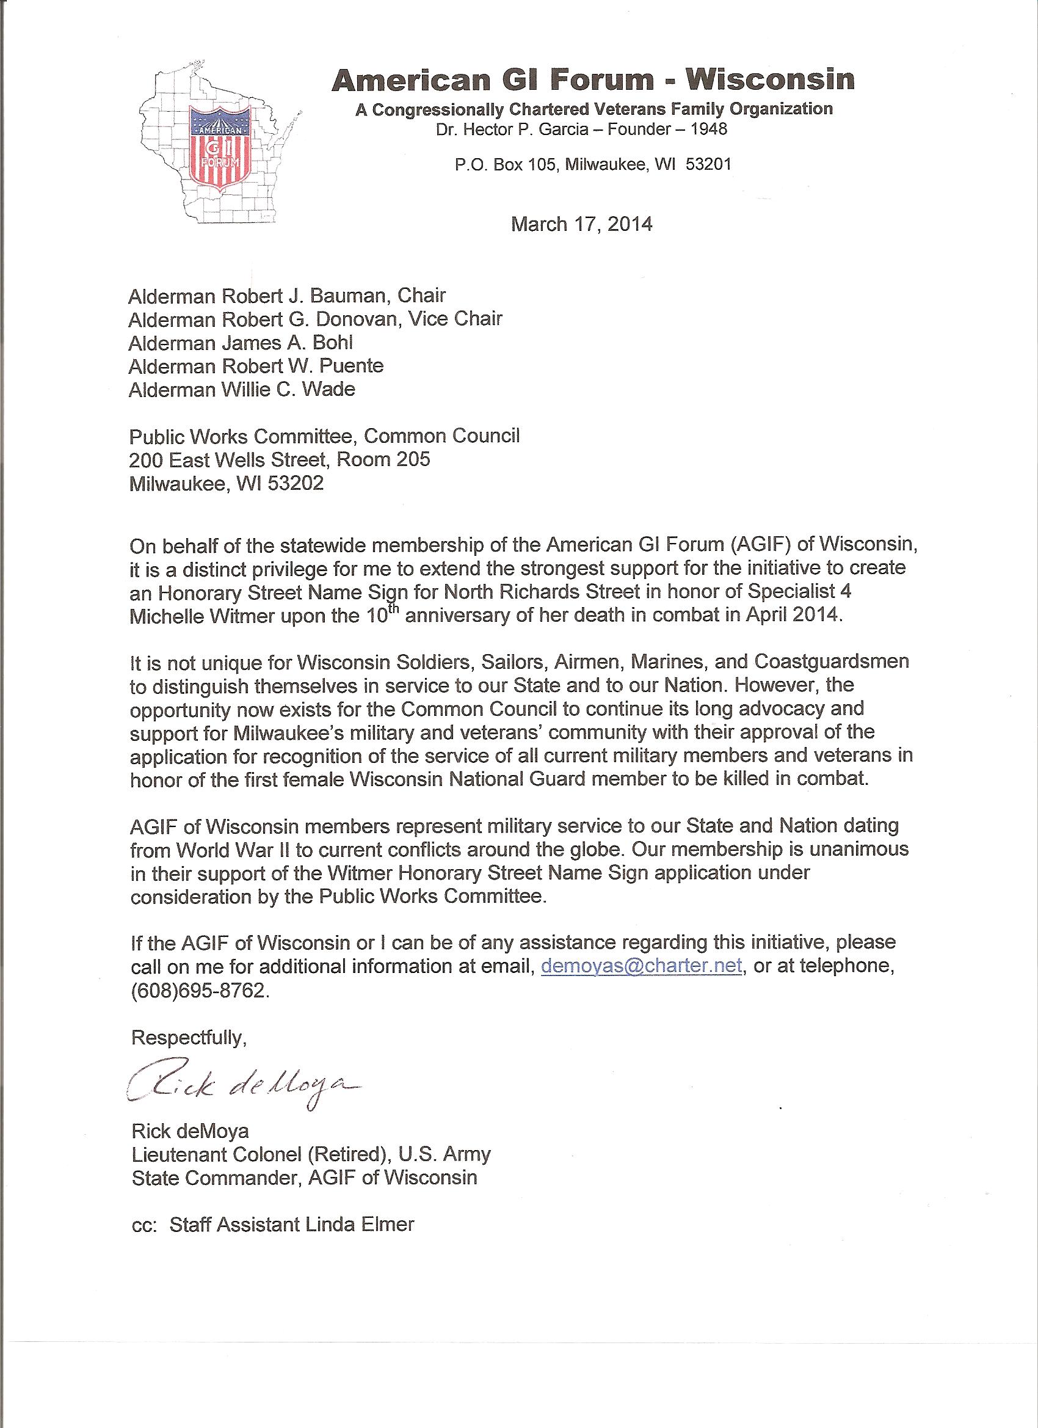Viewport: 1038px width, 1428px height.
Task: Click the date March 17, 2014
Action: click(x=581, y=225)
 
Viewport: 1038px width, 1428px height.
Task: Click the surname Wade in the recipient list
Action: click(x=328, y=390)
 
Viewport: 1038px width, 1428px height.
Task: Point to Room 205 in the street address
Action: click(x=383, y=459)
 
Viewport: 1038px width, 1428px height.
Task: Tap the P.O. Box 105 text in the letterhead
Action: click(x=506, y=165)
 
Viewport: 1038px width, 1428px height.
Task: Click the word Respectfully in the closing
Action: click(x=188, y=1038)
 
